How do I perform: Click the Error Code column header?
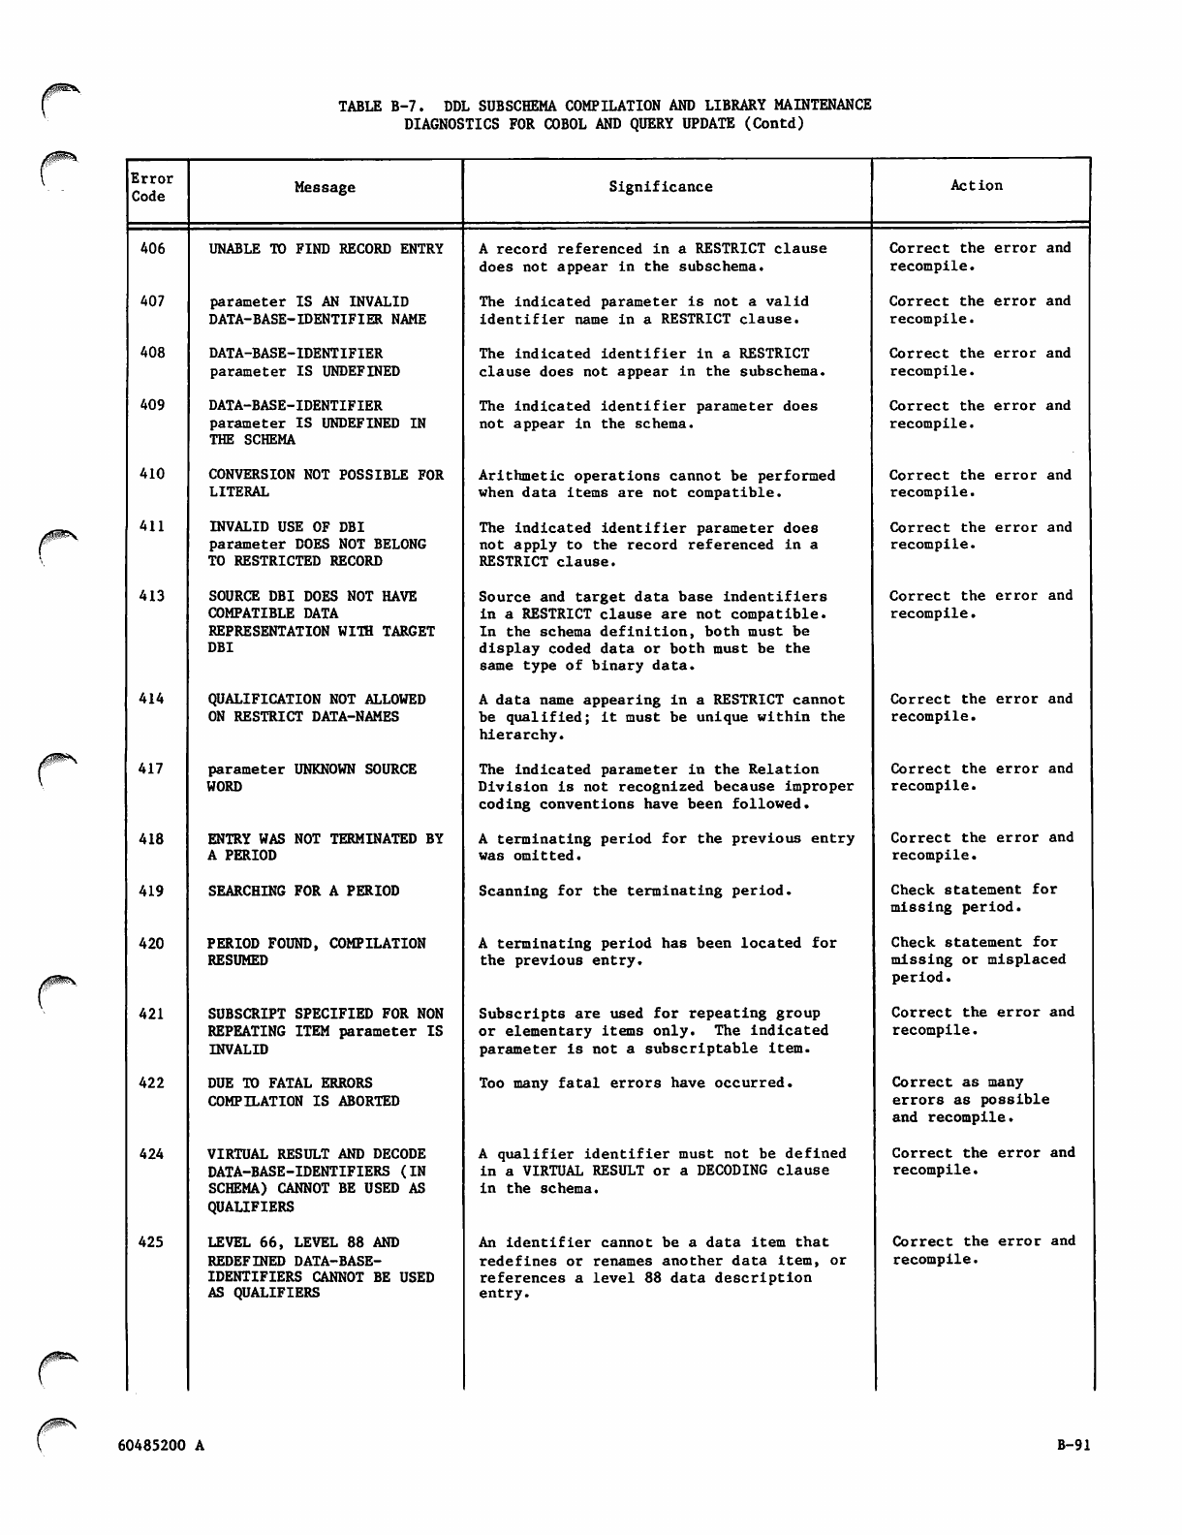click(x=152, y=187)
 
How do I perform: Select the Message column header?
click(x=325, y=188)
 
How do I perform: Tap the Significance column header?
click(x=660, y=187)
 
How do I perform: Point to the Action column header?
click(x=977, y=186)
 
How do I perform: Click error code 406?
click(x=153, y=249)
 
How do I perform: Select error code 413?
click(x=153, y=596)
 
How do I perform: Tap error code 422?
click(x=152, y=1083)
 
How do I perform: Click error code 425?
click(x=152, y=1242)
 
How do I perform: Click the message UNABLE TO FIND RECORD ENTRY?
click(x=326, y=249)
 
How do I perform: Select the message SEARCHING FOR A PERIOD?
click(x=303, y=891)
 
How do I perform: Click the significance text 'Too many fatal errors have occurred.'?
click(x=636, y=1083)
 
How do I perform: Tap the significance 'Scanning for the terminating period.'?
click(x=635, y=891)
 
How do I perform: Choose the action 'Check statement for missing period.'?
click(x=974, y=898)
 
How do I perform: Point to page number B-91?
click(x=1073, y=1445)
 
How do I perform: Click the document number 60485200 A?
click(x=161, y=1446)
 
